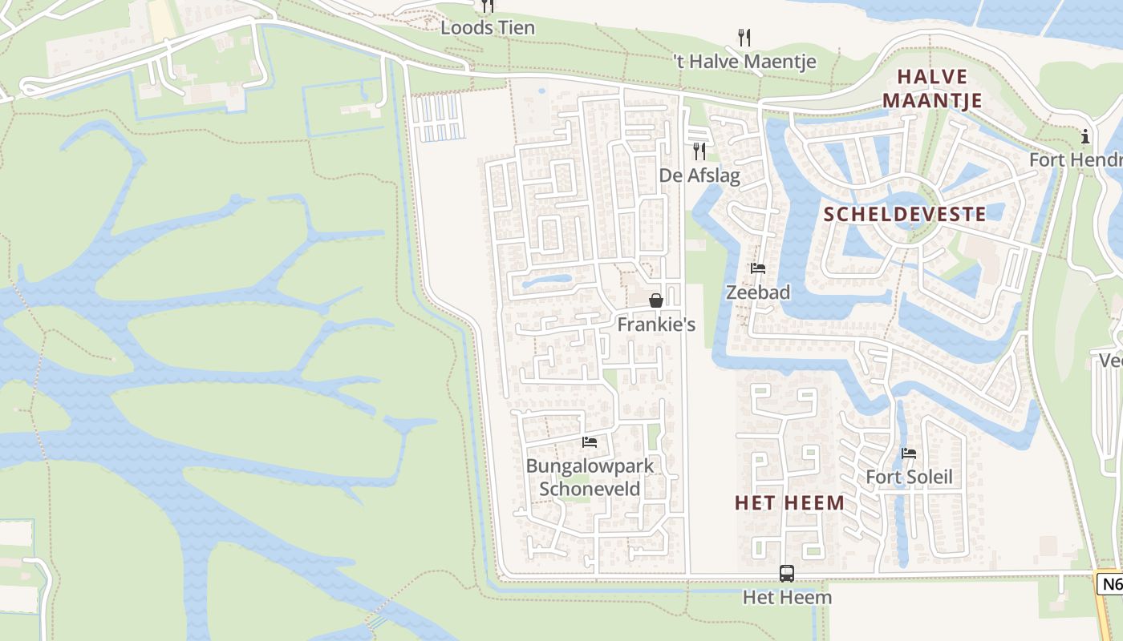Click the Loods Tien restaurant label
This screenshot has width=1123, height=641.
coord(488,27)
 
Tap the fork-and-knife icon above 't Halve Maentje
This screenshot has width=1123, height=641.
coord(744,37)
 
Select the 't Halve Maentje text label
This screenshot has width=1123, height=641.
coord(744,62)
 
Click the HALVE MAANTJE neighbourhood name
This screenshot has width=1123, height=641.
coord(939,88)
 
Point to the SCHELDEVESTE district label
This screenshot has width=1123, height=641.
coord(905,214)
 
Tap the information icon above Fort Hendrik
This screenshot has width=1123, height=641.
coord(1085,136)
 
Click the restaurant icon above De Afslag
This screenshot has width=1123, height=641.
coord(699,151)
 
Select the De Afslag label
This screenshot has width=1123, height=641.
coord(699,175)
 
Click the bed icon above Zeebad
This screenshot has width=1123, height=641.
coord(758,268)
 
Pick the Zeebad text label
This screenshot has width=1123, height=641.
coord(758,292)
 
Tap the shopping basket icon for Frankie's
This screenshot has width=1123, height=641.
coord(656,300)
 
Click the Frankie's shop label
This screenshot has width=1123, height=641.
coord(656,325)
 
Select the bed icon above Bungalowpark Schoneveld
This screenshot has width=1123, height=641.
coord(590,442)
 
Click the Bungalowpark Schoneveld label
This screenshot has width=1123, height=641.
coord(590,478)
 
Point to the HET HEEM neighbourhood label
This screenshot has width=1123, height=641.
coord(790,503)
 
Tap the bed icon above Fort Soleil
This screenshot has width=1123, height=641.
coord(909,454)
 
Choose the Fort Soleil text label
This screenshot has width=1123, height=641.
coord(909,478)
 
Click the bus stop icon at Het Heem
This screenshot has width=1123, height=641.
coord(787,574)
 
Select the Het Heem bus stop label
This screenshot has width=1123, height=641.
coord(787,598)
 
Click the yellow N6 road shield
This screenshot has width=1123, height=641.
coord(1111,583)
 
